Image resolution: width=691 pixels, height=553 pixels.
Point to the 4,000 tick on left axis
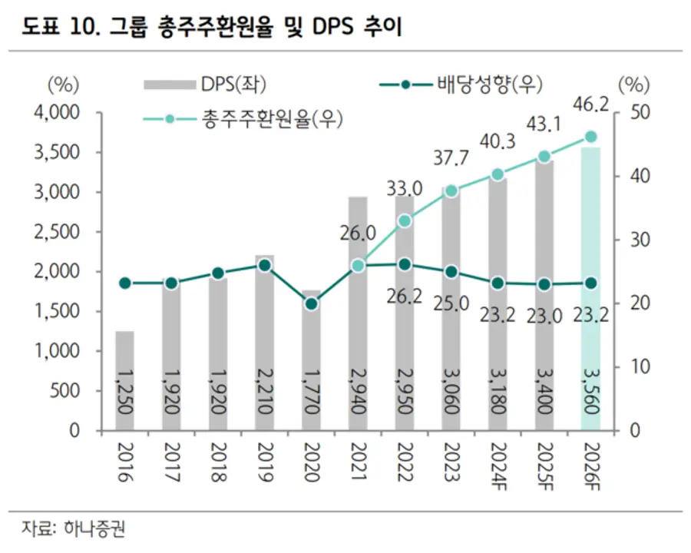58,113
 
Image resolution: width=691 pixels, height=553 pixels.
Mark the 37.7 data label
451,159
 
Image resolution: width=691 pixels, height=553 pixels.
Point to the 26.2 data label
405,296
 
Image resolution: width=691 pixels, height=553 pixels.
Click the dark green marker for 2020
311,303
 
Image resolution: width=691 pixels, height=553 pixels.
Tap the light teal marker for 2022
405,221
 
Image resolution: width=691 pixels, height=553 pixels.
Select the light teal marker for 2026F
591,137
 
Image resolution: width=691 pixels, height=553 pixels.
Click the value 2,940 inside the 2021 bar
358,392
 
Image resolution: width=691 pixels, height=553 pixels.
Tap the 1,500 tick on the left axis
58,311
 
